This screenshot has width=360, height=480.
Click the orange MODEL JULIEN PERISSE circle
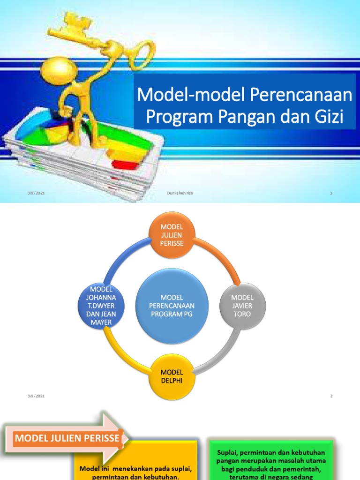pyautogui.click(x=172, y=234)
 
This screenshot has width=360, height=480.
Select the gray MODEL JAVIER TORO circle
pyautogui.click(x=242, y=306)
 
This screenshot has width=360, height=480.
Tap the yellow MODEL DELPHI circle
pyautogui.click(x=172, y=376)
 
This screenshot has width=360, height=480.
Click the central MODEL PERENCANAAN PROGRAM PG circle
pyautogui.click(x=172, y=305)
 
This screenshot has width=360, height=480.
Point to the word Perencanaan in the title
pyautogui.click(x=301, y=95)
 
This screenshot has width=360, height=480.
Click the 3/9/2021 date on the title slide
pyautogui.click(x=36, y=193)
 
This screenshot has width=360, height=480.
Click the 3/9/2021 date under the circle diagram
pyautogui.click(x=36, y=396)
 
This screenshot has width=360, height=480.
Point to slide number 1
pyautogui.click(x=331, y=193)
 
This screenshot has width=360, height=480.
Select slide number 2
pyautogui.click(x=331, y=396)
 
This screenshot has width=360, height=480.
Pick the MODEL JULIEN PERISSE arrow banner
pyautogui.click(x=66, y=439)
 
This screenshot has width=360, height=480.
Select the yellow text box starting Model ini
pyautogui.click(x=136, y=464)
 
